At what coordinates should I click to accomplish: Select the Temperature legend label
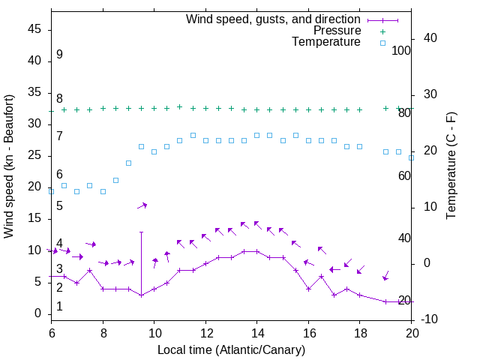(326, 42)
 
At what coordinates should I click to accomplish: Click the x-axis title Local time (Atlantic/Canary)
(231, 350)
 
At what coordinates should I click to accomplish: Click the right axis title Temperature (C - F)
(451, 166)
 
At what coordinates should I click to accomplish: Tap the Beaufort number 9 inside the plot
(59, 55)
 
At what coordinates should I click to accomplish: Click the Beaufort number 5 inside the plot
(59, 206)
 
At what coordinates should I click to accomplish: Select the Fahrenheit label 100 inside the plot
(402, 50)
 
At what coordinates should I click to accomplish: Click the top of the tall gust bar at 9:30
(141, 232)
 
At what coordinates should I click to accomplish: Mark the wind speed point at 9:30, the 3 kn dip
(141, 295)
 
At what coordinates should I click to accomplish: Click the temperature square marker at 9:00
(128, 163)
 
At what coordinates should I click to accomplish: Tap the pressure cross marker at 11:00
(179, 106)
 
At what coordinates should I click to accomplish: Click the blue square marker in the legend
(382, 43)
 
